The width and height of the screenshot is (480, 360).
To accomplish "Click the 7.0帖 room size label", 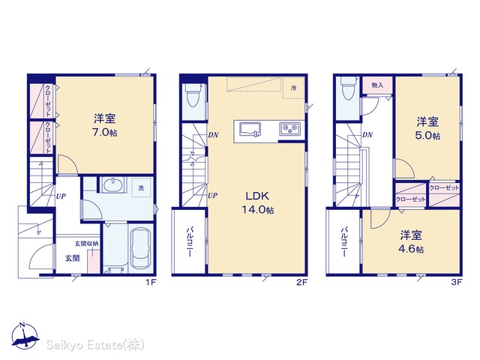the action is (105, 133).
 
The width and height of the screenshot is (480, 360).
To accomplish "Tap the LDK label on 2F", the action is (257, 196).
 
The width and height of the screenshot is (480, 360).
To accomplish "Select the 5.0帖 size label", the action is (427, 136).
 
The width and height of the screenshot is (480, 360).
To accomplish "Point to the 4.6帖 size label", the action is (411, 249).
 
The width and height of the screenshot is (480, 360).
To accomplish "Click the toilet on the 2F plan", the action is (193, 94).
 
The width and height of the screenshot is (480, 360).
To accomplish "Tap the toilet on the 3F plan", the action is (348, 88).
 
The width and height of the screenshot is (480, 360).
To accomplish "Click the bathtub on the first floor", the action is (141, 248).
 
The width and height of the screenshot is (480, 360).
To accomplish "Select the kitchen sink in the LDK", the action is (250, 129).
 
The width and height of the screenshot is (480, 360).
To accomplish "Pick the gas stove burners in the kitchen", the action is (289, 128).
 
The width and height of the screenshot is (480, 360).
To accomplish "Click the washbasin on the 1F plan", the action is (113, 185).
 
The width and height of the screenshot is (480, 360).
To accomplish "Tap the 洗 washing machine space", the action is (141, 187).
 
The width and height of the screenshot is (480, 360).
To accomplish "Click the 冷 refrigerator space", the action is (293, 88).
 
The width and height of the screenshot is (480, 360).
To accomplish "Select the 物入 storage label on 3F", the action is (377, 85).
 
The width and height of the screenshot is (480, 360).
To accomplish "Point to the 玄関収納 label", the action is (87, 244).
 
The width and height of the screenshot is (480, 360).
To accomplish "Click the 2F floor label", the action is (301, 283).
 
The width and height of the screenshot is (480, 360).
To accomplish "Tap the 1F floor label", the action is (151, 283).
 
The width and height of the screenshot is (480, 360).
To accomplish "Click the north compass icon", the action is (25, 335).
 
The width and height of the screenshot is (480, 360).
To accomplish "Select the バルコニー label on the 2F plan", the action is (190, 241).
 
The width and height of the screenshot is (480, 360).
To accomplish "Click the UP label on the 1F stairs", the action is (61, 196).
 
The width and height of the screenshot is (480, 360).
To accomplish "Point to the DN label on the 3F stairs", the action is (367, 135).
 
